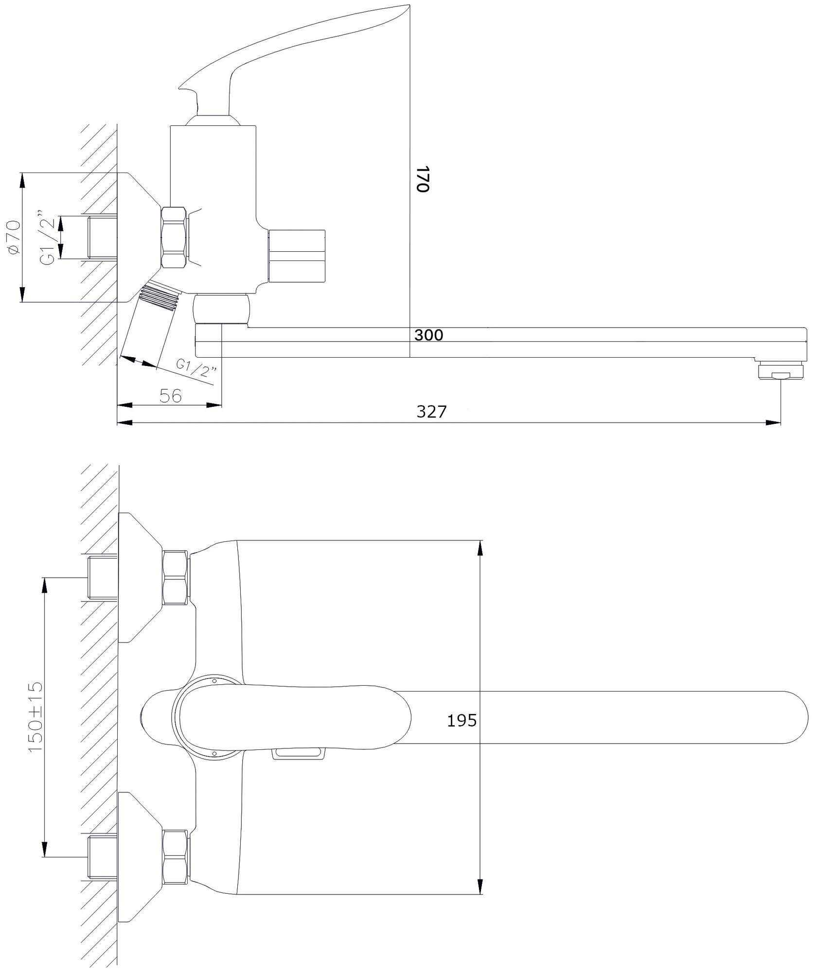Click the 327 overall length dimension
[x=431, y=412]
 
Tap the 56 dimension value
[x=170, y=396]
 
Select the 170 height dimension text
[x=423, y=179]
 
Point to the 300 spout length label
[x=429, y=335]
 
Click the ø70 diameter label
[x=14, y=237]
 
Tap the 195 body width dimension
[x=461, y=720]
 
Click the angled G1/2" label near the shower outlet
[x=197, y=368]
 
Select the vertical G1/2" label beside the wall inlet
[x=48, y=238]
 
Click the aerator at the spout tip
[x=781, y=371]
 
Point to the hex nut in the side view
[x=175, y=238]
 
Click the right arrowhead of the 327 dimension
[x=774, y=423]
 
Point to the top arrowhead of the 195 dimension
[x=480, y=547]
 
